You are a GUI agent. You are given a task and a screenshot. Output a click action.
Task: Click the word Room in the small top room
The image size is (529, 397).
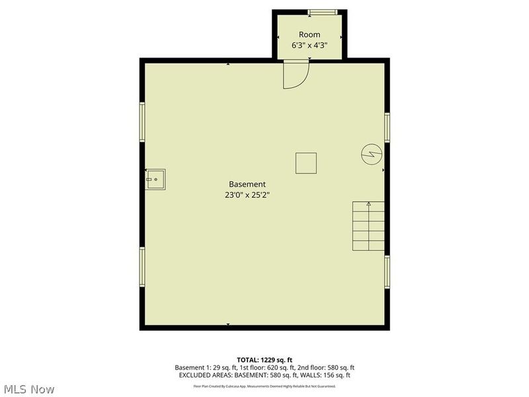tap(309, 34)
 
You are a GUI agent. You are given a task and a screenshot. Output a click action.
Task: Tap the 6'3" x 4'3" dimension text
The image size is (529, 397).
tap(309, 46)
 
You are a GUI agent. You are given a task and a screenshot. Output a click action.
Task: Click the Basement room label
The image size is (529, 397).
tap(247, 184)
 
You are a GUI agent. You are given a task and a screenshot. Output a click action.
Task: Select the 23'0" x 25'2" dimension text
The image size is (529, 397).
tap(247, 195)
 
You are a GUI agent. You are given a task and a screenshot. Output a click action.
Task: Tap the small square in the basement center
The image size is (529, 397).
tap(305, 163)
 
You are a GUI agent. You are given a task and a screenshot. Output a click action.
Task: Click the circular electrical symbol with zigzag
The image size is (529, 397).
tap(371, 154)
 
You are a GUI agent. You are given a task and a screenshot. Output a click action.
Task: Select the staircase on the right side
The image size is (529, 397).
tap(368, 226)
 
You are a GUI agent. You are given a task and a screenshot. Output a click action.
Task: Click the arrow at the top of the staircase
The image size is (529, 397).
tap(368, 204)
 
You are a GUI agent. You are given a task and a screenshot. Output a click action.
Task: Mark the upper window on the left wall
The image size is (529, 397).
tap(142, 122)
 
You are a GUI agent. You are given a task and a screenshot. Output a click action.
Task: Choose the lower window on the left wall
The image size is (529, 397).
tap(142, 267)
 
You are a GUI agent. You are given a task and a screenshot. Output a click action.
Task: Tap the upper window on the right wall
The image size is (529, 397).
tap(387, 126)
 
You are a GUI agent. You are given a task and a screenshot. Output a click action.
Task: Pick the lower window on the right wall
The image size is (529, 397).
tap(387, 271)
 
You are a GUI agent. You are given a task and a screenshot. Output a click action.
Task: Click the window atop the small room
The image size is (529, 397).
tap(323, 12)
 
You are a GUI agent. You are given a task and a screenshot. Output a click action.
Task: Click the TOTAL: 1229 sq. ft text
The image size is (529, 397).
tap(264, 359)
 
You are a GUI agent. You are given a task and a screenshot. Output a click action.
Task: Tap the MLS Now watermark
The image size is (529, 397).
tap(28, 389)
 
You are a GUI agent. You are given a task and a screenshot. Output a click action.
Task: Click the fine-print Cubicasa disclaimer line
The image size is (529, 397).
tap(264, 386)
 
